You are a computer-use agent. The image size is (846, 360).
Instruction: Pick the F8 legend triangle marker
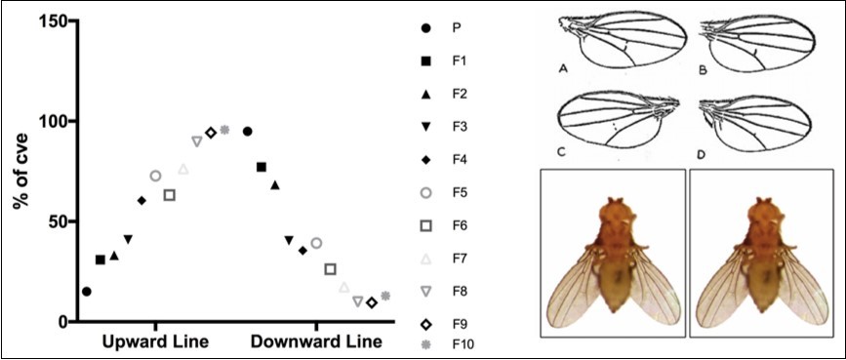426,291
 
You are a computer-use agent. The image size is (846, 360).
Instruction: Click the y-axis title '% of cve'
19,172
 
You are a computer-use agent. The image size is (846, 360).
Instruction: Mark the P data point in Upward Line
87,291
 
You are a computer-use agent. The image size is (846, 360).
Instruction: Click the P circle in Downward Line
248,131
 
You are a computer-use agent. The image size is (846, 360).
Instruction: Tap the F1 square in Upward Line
101,260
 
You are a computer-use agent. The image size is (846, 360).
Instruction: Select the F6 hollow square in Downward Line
330,269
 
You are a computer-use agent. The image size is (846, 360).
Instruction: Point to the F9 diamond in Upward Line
211,132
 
